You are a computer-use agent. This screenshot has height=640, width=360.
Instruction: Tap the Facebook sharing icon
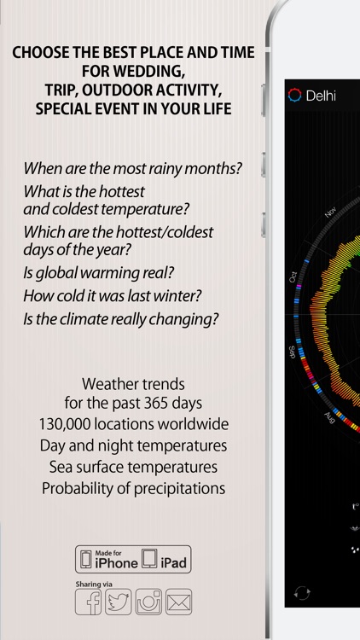point(90,602)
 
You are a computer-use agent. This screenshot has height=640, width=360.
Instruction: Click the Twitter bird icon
point(119,602)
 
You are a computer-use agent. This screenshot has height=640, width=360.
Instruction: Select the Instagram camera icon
point(148,602)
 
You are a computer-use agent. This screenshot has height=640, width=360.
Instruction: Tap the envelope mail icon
point(178,602)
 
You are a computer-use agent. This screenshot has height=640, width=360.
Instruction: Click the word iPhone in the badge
point(116,563)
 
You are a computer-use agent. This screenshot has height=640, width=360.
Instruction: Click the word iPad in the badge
point(174,563)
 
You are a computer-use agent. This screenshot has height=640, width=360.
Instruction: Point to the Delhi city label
point(321,96)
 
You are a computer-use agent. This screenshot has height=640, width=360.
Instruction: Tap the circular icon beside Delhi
point(296,95)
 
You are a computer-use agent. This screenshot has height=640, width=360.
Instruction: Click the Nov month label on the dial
point(332,212)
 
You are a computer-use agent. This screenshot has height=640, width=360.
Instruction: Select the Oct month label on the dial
point(293,277)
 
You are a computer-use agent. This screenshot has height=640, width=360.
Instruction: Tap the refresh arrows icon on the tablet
point(301,592)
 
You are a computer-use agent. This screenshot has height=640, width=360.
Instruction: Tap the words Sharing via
point(94,584)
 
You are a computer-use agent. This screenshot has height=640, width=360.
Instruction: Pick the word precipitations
point(177,489)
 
